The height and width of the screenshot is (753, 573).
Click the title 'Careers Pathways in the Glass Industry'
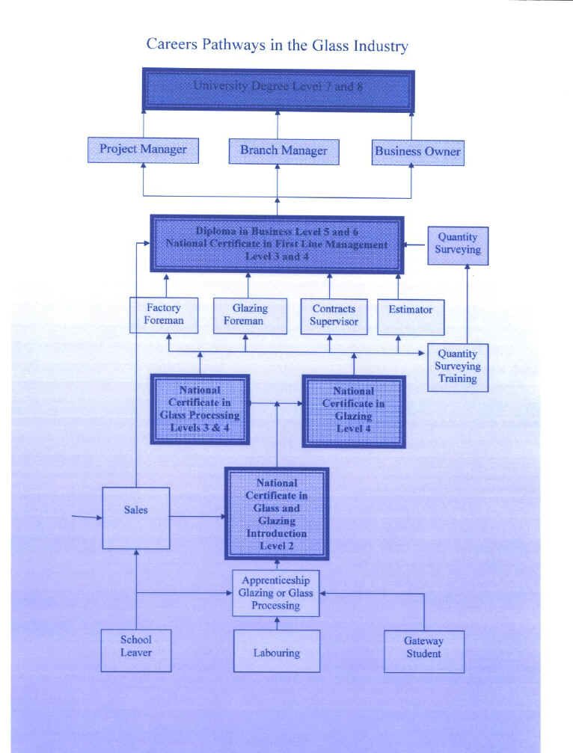[x=277, y=45]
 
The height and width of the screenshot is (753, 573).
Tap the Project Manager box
[x=143, y=150]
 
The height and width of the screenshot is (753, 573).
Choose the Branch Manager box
[x=284, y=151]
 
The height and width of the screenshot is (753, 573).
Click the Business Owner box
[x=417, y=152]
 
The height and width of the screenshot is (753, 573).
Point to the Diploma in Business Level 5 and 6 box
[x=277, y=245]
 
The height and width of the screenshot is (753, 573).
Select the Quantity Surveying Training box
[x=457, y=366]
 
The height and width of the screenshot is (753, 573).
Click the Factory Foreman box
[x=163, y=315]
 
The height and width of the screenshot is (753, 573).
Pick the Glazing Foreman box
[x=249, y=315]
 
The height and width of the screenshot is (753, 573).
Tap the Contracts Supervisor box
[x=334, y=316]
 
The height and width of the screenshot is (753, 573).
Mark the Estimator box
[x=410, y=316]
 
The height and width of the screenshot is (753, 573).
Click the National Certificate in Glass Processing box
[x=200, y=409]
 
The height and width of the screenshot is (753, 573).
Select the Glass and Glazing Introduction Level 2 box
[x=277, y=514]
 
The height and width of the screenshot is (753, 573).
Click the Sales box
[x=136, y=517]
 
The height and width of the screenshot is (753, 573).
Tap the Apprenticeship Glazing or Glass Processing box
[x=276, y=593]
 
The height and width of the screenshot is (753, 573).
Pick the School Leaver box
[x=136, y=650]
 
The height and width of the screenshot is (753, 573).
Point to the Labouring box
[x=276, y=651]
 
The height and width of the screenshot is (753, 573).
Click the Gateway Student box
[x=423, y=651]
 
